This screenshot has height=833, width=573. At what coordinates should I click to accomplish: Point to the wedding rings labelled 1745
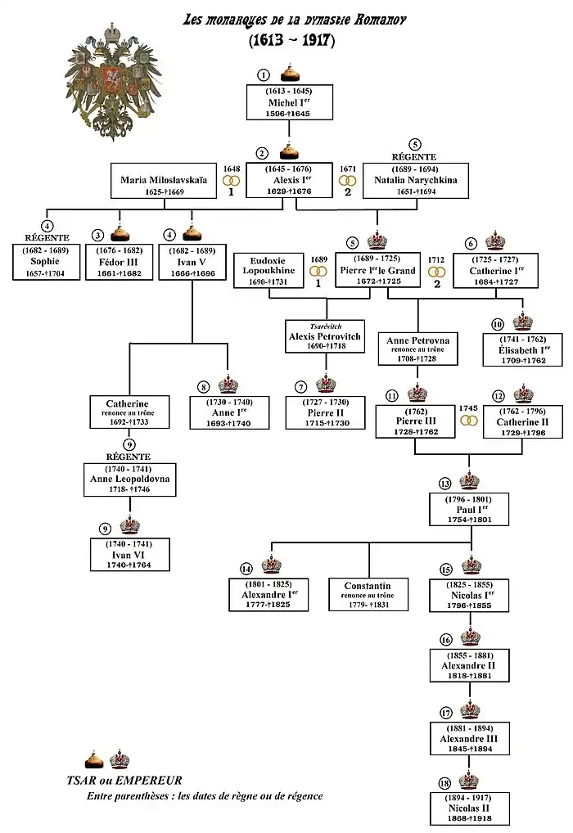pyautogui.click(x=469, y=421)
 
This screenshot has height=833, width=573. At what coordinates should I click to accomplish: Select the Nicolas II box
pyautogui.click(x=470, y=808)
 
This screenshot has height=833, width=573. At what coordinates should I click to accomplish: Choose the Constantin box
pyautogui.click(x=368, y=595)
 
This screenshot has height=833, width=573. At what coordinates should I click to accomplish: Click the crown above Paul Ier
pyautogui.click(x=470, y=481)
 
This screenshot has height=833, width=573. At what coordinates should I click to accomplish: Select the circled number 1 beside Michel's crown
pyautogui.click(x=264, y=74)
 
